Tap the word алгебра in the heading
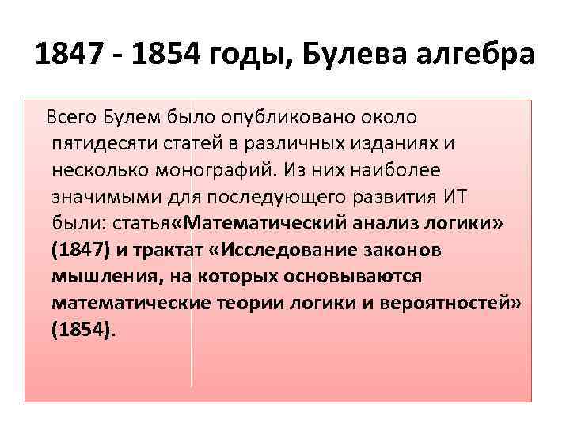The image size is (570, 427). coord(479,58)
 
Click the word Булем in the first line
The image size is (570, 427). coord(134,119)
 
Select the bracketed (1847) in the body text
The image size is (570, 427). coord(79,251)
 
